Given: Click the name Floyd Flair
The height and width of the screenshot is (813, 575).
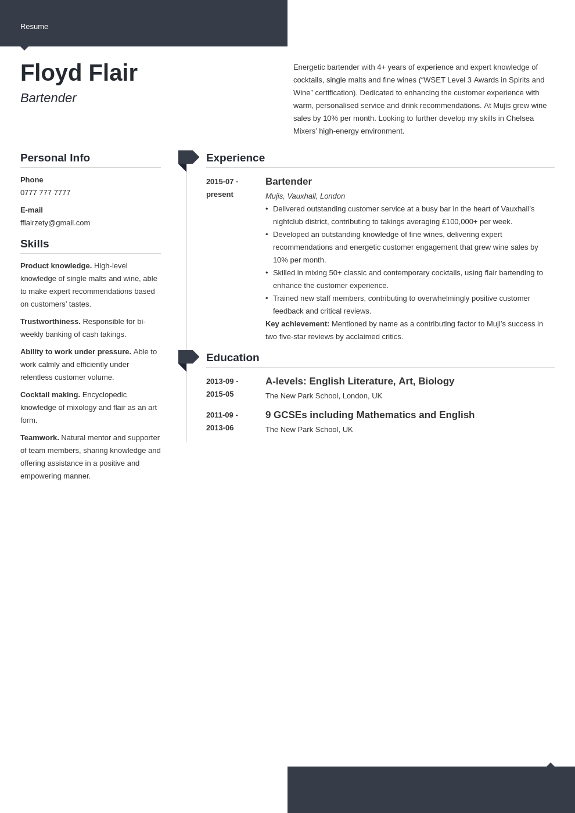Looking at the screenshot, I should coord(79,73).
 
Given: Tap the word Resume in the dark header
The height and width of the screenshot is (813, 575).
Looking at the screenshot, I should coord(34,27).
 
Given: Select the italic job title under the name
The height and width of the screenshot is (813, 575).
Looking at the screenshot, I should coord(48,98).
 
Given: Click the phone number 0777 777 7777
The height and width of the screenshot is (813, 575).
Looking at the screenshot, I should coord(45,193).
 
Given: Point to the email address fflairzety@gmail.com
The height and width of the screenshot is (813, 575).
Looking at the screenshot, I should coord(55,223).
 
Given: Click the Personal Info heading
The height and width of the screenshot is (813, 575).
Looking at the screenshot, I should coord(55,158).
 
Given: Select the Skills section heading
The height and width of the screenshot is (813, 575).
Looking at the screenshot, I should coord(35,244).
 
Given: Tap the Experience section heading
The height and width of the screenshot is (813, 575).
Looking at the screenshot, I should coord(235,158).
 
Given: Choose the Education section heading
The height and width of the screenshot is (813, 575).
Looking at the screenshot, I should coord(232,358).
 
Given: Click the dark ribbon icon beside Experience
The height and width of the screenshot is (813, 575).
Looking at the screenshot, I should coord(188,159).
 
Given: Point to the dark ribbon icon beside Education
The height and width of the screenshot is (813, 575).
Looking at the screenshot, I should coord(188,358).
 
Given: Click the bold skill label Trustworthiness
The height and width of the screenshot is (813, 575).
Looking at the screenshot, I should coord(51,322).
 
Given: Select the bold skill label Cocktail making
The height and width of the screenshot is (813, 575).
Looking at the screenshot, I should coord(50,395).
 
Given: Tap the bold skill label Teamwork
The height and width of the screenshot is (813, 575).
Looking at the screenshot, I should coord(39,438).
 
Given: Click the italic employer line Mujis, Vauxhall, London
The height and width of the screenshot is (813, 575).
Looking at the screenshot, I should coord(305,196).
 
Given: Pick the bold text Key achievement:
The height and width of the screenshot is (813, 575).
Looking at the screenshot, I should coord(297,324).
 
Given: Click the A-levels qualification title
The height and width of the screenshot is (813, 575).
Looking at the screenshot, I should coord(360,382).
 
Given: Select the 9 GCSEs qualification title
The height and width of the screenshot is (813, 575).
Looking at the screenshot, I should coord(370,415).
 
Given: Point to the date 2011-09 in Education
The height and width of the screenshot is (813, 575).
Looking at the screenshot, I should coord(221,415).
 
